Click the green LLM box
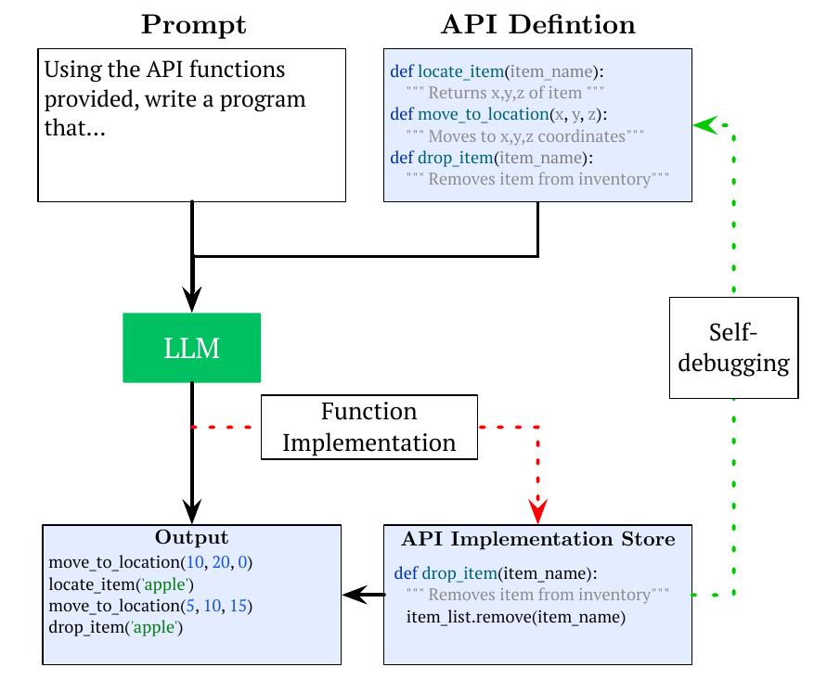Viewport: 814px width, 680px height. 192,348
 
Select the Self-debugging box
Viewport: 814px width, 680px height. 733,348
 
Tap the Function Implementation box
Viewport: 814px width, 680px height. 369,427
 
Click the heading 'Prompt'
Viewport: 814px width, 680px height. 193,25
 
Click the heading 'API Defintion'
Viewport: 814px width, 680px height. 537,25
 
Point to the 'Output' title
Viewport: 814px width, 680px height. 191,538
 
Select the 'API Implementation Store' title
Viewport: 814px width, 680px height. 537,539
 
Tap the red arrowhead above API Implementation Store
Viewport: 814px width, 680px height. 537,509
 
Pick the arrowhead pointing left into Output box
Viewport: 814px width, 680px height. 353,595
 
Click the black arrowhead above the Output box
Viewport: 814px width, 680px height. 192,509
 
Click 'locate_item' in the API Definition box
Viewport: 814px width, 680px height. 458,71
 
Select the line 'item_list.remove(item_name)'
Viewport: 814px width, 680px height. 516,617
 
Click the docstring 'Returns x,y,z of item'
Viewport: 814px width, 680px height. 507,92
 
